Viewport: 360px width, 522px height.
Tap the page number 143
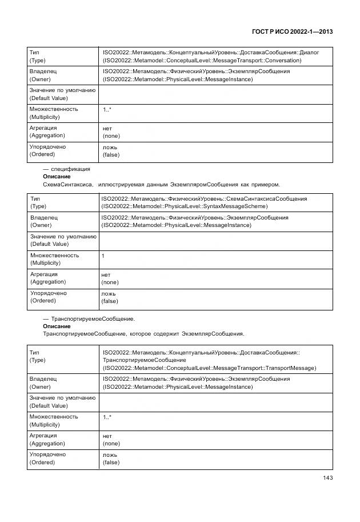tap(327, 478)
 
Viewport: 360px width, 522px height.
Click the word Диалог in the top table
tap(307, 53)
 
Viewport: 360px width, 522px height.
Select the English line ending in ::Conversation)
tap(210, 60)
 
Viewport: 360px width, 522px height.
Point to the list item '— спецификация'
tap(66, 169)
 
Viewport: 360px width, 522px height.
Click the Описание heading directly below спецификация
tap(57, 177)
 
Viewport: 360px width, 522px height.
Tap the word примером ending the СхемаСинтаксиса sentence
tap(265, 184)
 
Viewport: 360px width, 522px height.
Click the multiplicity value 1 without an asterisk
tap(103, 256)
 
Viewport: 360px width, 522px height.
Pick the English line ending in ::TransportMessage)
tap(209, 368)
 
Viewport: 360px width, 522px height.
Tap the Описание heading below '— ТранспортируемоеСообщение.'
tap(57, 326)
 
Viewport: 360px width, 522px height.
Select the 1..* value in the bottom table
tap(107, 417)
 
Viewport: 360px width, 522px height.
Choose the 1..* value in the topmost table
tap(107, 109)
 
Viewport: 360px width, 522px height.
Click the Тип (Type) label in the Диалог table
tap(38, 56)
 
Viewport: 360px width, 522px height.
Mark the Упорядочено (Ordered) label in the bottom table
tap(47, 458)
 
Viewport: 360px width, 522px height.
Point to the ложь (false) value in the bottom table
tap(111, 458)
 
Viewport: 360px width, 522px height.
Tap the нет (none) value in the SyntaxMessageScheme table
tap(110, 278)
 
